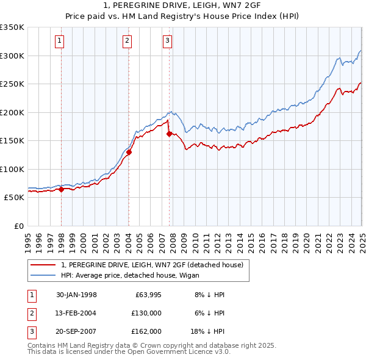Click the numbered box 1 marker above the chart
click(60, 41)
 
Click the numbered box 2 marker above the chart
click(127, 41)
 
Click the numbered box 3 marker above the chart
click(167, 41)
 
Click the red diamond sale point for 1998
click(62, 190)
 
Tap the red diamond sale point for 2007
click(169, 134)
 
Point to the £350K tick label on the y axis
click(12, 27)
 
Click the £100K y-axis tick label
click(12, 169)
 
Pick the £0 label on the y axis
click(18, 226)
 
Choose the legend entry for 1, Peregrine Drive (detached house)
click(152, 265)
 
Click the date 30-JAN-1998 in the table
click(76, 295)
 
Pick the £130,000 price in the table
click(146, 313)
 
